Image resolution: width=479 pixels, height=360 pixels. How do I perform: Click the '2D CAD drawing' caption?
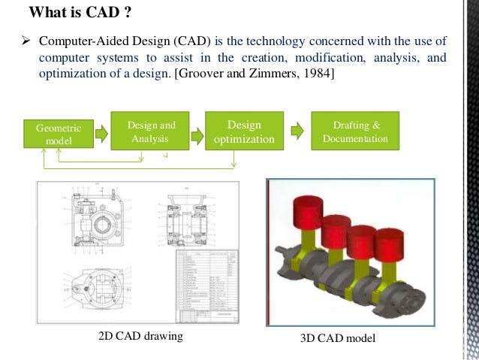click(x=141, y=336)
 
